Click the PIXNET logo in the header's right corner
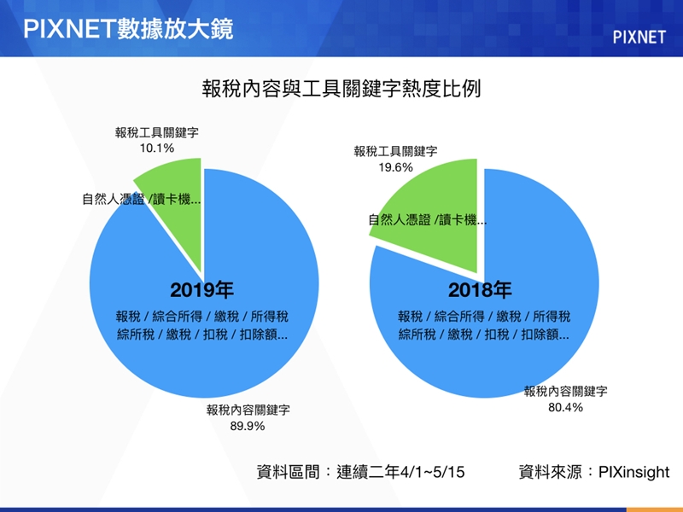click(x=639, y=38)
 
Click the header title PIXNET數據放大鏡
click(x=128, y=29)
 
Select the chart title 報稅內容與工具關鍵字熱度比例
click(x=341, y=89)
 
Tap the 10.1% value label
click(x=157, y=148)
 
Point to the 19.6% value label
click(x=395, y=167)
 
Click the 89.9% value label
click(x=248, y=426)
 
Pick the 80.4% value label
click(x=565, y=408)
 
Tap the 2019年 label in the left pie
click(x=201, y=290)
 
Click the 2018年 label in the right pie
click(x=480, y=290)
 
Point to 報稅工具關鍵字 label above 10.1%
click(x=157, y=132)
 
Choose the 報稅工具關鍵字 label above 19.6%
click(x=395, y=152)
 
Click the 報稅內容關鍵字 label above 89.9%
click(x=248, y=410)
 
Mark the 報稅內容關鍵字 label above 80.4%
click(x=565, y=392)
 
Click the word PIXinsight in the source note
click(x=633, y=472)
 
